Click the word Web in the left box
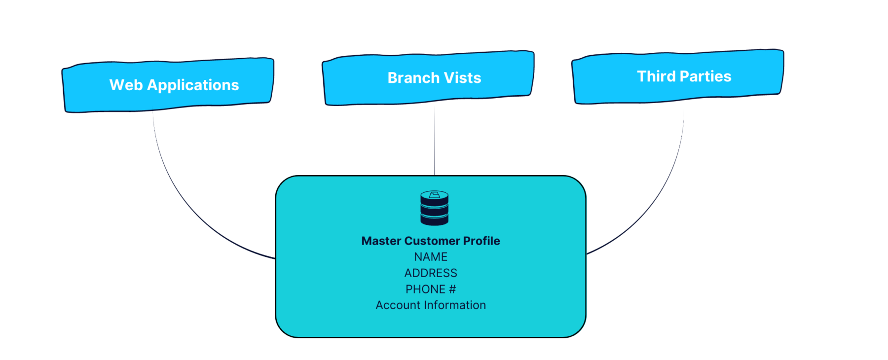pos(126,85)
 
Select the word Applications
pos(193,85)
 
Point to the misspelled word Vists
pos(462,78)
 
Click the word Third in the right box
pos(656,76)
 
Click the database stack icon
pos(434,209)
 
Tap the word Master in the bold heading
pos(381,241)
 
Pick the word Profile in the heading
pos(481,241)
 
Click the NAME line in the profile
pos(431,257)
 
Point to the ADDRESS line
pos(431,273)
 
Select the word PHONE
pos(425,289)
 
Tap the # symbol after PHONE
pos(452,289)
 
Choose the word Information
pos(454,305)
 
